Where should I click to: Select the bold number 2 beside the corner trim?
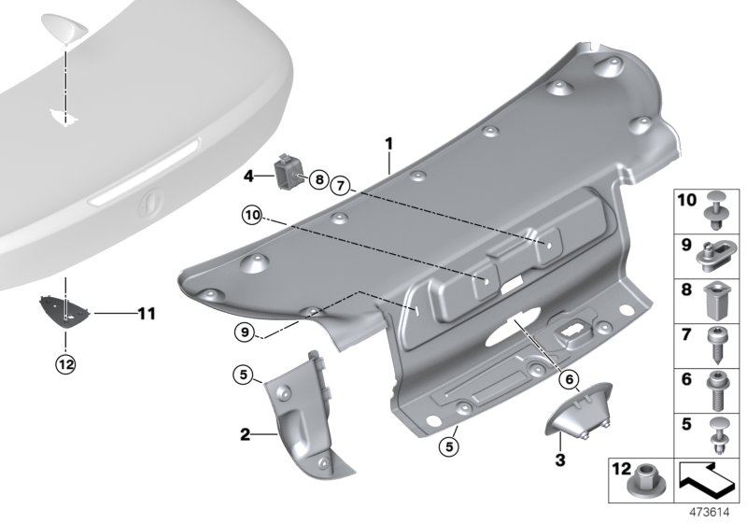click(x=245, y=434)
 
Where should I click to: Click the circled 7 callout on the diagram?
click(x=342, y=188)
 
